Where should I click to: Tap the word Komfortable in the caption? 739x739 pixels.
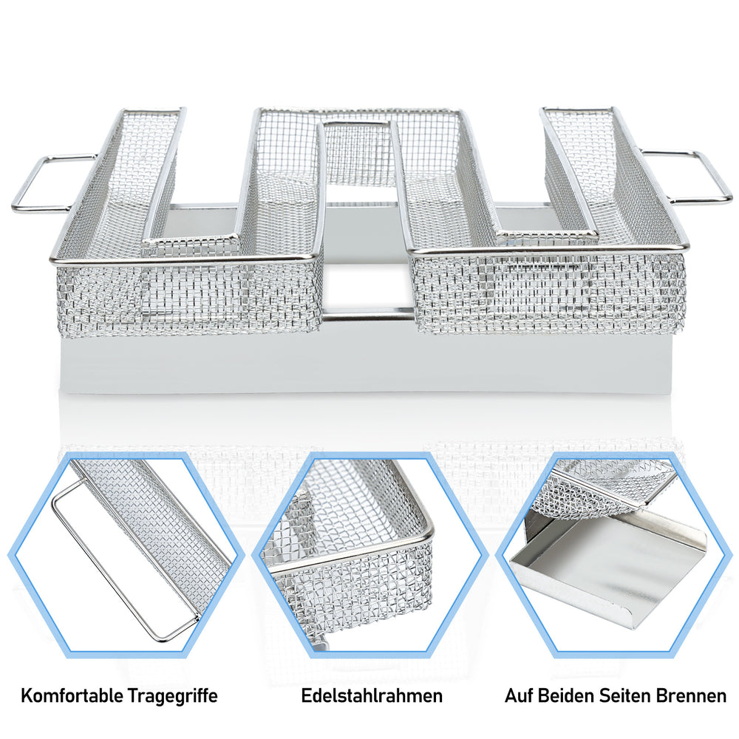(x=72, y=696)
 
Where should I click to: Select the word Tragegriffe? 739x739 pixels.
(x=173, y=697)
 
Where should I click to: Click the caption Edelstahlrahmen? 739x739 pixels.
(x=372, y=695)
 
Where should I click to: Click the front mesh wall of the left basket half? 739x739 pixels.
(x=188, y=298)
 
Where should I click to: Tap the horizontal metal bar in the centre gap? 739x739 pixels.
(x=369, y=313)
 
